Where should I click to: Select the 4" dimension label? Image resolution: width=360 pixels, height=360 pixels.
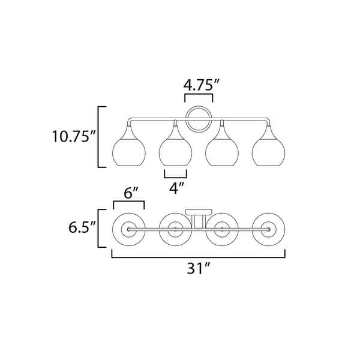[x=175, y=188]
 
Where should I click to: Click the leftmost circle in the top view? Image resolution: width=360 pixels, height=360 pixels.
[x=128, y=229]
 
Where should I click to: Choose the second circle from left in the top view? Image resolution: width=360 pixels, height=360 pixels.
[x=175, y=229]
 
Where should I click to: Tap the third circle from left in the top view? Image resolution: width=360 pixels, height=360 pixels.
[x=221, y=229]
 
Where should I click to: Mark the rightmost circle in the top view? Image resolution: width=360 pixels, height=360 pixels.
[x=267, y=229]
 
